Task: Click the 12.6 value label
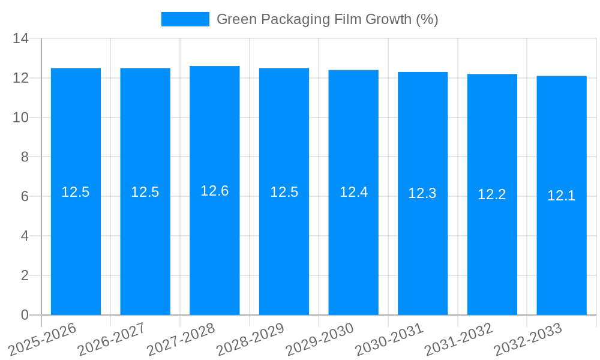[x=215, y=191]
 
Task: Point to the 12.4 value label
[x=353, y=192]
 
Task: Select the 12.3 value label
[x=422, y=193]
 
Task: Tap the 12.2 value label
[x=492, y=194]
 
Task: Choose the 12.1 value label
[x=562, y=196]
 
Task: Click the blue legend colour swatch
[x=185, y=19]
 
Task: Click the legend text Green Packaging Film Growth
[x=327, y=19]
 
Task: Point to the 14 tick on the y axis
[x=21, y=38]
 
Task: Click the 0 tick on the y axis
[x=25, y=315]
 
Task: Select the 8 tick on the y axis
[x=25, y=157]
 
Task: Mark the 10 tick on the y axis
[x=21, y=118]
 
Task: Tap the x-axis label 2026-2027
[x=112, y=339]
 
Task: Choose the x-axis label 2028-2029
[x=250, y=339]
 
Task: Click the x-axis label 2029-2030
[x=320, y=339]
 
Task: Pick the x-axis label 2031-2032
[x=459, y=339]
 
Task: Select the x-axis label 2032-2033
[x=528, y=339]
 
